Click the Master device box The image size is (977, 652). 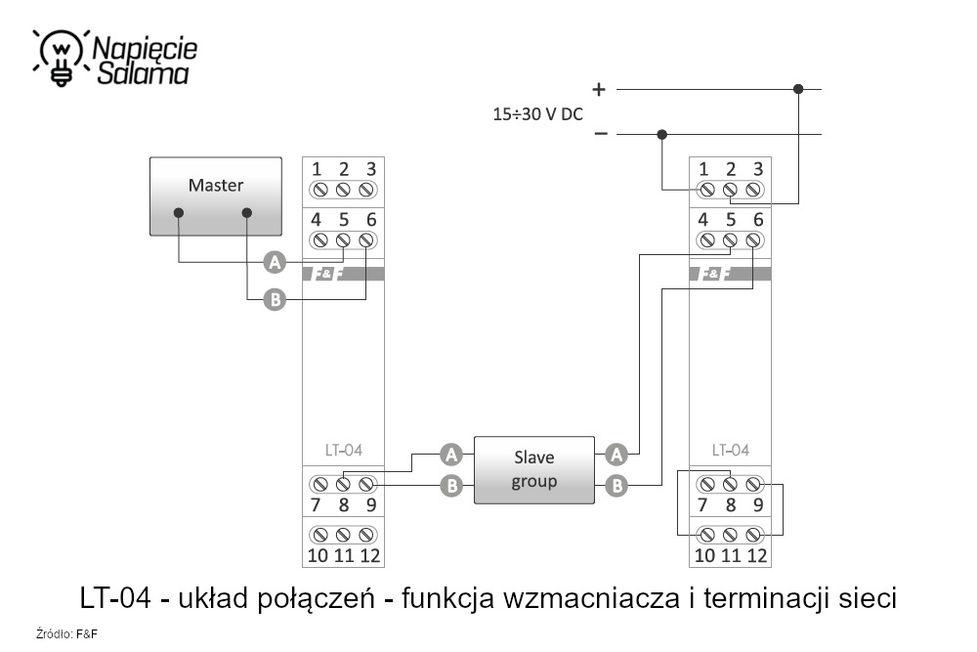[x=215, y=196]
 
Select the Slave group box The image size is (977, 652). [x=533, y=469]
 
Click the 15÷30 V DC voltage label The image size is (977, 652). [x=537, y=113]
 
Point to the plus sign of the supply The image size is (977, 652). [x=599, y=89]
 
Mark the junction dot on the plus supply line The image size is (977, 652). [x=798, y=89]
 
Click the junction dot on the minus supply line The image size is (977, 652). [x=662, y=134]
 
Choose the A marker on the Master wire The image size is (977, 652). [x=276, y=262]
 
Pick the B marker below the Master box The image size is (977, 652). [x=276, y=300]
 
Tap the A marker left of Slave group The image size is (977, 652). [x=450, y=454]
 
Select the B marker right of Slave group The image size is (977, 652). [x=616, y=485]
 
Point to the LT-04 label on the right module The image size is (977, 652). [x=730, y=451]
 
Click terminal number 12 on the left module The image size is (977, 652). [x=369, y=555]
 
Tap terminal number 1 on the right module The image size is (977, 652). [x=704, y=168]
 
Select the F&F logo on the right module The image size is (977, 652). [x=714, y=274]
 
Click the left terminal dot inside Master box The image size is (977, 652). [x=178, y=212]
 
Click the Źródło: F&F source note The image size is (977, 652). [x=67, y=634]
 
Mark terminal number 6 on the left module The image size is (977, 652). [x=370, y=219]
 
